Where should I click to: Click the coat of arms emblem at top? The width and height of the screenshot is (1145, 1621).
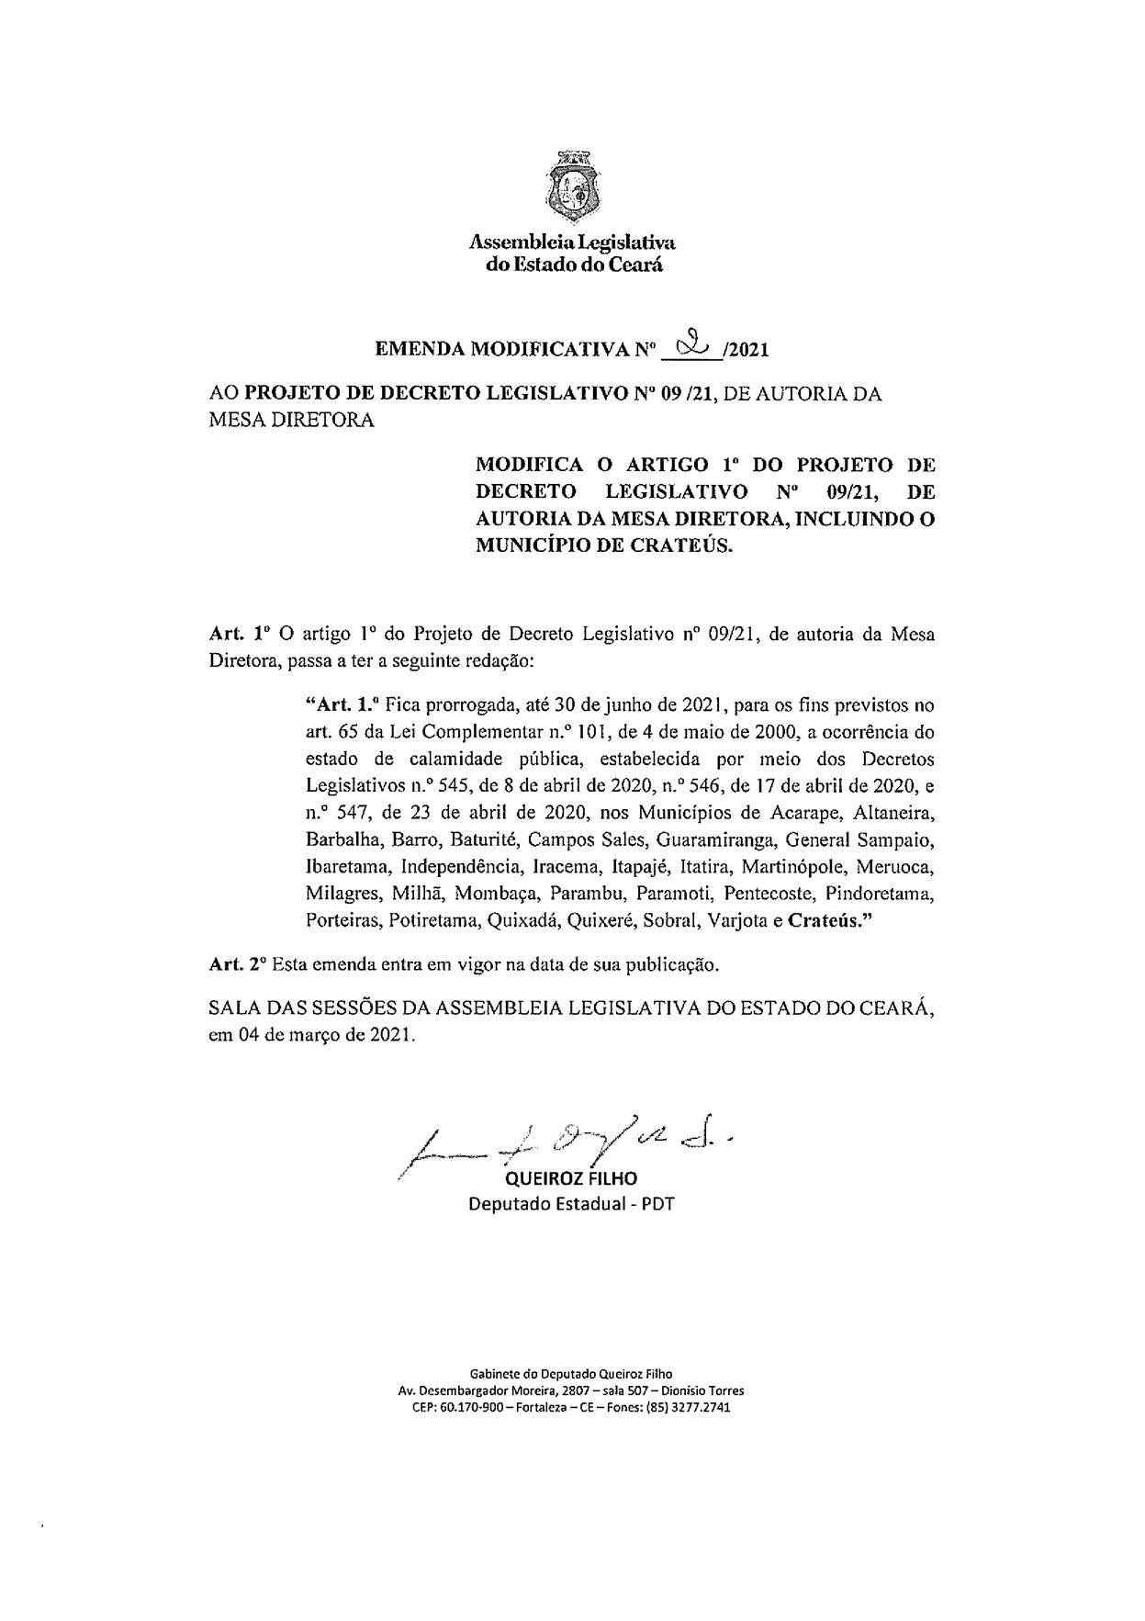[572, 187]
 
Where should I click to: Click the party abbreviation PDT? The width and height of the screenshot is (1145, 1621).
[657, 1204]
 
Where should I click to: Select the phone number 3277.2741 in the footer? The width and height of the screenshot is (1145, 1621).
[702, 1408]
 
